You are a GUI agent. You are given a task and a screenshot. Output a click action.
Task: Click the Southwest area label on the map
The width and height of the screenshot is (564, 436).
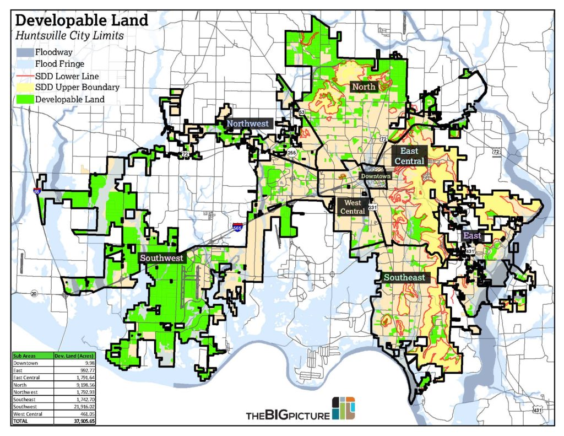[161, 258]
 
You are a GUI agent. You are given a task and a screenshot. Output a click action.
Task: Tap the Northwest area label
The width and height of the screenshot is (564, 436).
[248, 123]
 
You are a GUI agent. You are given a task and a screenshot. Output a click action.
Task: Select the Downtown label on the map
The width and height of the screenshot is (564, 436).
[376, 176]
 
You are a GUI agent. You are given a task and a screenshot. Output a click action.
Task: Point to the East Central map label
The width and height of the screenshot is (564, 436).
[409, 156]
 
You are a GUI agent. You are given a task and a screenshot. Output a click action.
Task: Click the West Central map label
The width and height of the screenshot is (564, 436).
[352, 207]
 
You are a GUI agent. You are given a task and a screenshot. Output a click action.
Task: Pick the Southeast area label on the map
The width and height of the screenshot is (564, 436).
[405, 277]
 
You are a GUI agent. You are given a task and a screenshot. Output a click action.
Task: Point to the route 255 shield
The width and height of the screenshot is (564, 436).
[291, 152]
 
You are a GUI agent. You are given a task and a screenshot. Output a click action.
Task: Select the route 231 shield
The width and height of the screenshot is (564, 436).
[373, 208]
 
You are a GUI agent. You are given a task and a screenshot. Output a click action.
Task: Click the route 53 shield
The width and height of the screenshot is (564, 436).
[302, 112]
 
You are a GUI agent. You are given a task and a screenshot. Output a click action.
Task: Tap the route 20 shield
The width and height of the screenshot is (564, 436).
[34, 293]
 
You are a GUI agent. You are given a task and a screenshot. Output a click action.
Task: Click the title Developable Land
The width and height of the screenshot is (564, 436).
[81, 21]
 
